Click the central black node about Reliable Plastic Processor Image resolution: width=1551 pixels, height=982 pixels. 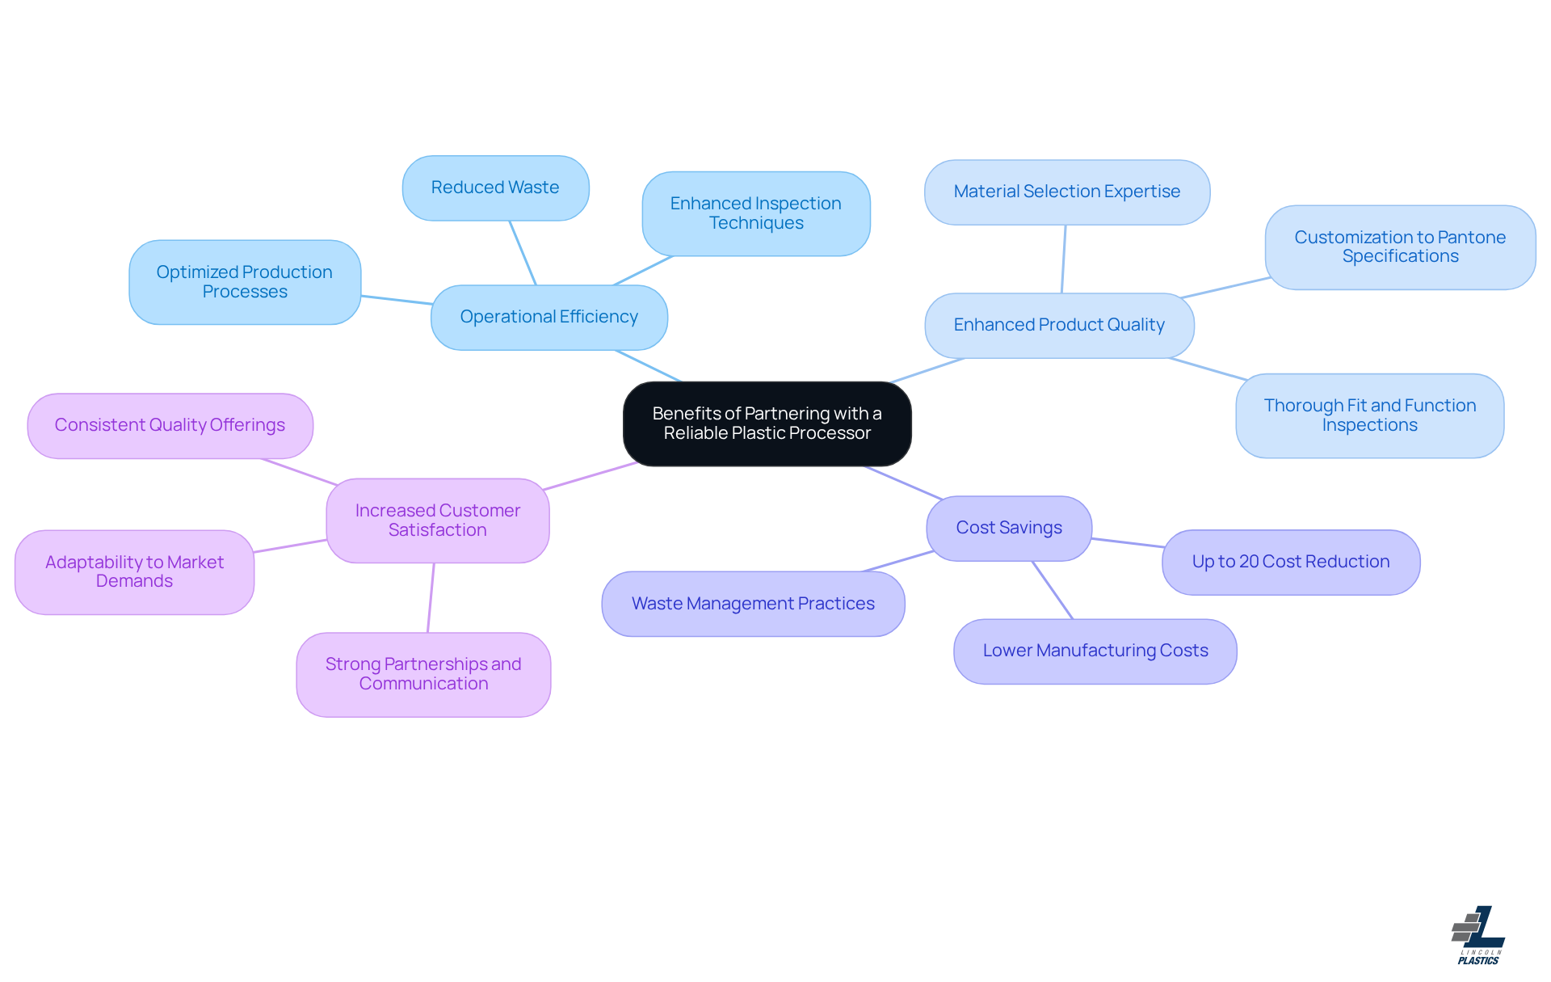(767, 424)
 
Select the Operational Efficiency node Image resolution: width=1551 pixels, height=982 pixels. (549, 317)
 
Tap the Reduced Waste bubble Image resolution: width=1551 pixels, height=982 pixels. (495, 188)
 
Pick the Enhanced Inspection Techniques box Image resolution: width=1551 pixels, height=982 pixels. (755, 213)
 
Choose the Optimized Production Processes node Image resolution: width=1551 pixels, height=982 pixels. (244, 282)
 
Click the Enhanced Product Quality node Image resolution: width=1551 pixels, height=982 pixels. (1058, 325)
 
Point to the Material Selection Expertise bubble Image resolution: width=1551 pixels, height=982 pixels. (1066, 192)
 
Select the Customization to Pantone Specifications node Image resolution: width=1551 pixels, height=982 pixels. (1399, 247)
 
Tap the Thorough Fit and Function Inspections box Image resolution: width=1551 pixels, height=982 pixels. (1369, 415)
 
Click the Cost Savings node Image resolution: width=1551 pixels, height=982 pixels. (1008, 528)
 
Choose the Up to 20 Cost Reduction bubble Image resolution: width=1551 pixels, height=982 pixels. (1290, 562)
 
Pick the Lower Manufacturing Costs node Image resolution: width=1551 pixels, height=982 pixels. (1095, 651)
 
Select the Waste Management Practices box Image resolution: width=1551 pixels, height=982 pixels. (752, 604)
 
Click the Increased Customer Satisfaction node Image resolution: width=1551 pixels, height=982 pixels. (437, 521)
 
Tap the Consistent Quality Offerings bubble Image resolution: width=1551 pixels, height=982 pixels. (170, 425)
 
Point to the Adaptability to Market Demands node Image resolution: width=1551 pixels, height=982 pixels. (134, 571)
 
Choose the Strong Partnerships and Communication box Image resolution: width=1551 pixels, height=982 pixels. (423, 674)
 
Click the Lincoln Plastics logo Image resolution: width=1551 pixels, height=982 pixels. (1478, 934)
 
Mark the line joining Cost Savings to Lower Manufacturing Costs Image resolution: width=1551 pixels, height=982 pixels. (1053, 590)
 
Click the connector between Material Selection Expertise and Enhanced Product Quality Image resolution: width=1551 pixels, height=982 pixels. (1064, 259)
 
